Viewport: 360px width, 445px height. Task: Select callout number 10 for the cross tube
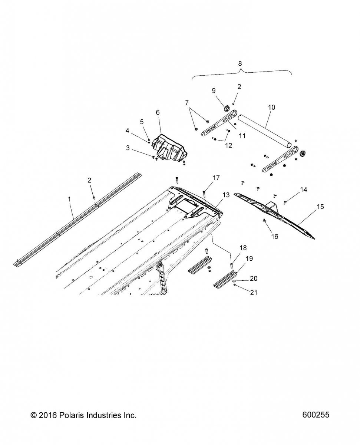click(271, 107)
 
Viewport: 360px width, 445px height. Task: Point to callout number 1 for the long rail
click(69, 200)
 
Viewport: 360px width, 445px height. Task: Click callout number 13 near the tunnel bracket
click(226, 194)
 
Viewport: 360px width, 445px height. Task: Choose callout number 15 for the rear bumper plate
click(320, 207)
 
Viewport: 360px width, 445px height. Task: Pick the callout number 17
click(216, 178)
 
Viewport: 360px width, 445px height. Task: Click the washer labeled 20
click(235, 281)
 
